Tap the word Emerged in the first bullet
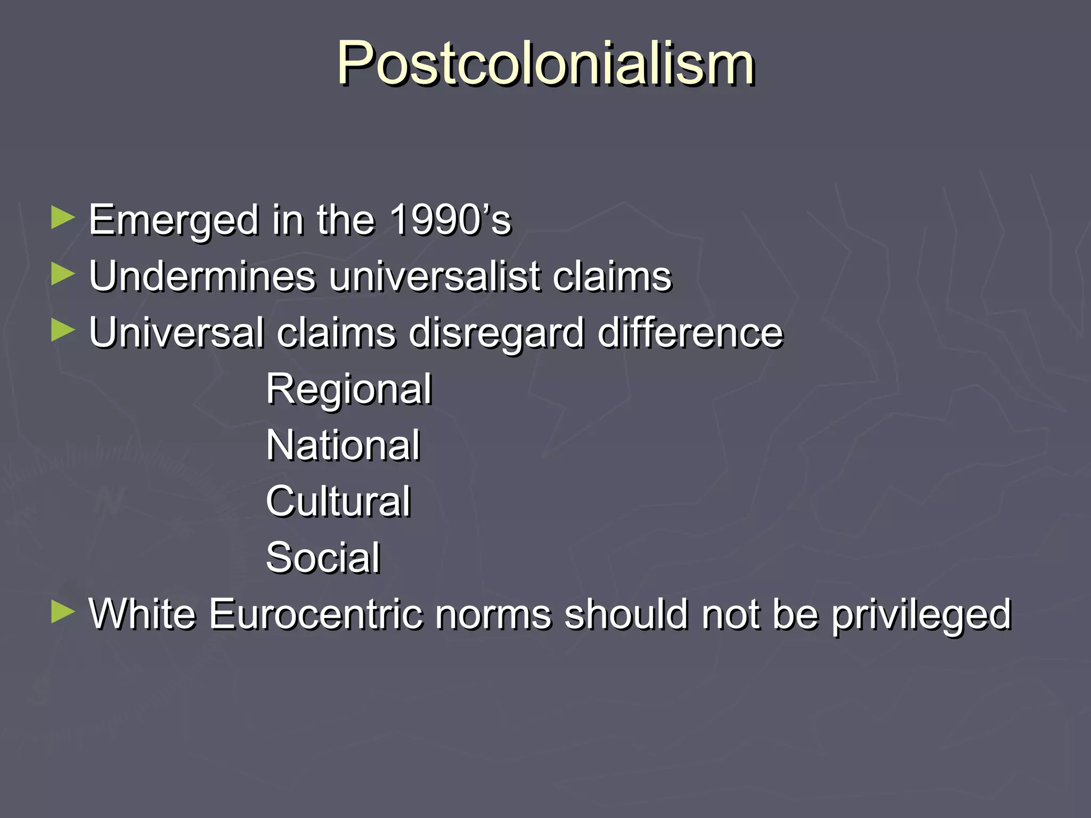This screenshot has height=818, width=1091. (x=174, y=220)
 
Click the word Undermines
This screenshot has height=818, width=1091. (x=202, y=276)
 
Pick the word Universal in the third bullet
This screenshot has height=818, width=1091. (x=176, y=333)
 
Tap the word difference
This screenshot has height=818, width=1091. (x=690, y=333)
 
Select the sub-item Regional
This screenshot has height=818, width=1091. (x=349, y=389)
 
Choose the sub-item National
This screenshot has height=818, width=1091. (x=343, y=445)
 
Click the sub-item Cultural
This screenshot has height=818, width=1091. (x=338, y=501)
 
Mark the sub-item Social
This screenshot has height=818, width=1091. (x=323, y=558)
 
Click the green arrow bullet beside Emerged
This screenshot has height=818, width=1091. (x=63, y=218)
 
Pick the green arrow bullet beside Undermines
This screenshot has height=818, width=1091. (x=63, y=275)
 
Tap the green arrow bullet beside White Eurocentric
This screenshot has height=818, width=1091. (x=63, y=612)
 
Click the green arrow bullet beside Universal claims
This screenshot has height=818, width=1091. (x=63, y=331)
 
